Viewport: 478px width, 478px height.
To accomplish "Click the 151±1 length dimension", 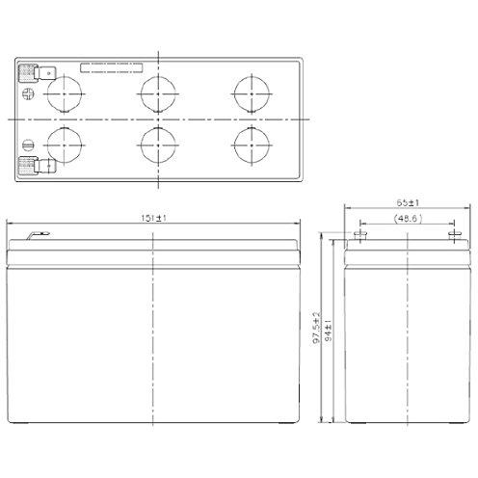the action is pyautogui.click(x=153, y=218).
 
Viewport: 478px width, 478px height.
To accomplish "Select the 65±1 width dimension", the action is pyautogui.click(x=408, y=203).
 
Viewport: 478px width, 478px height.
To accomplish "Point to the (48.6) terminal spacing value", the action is pyautogui.click(x=408, y=219).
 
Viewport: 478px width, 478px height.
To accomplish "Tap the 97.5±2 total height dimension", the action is pyautogui.click(x=317, y=328).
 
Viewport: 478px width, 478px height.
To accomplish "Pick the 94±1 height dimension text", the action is pyautogui.click(x=329, y=331).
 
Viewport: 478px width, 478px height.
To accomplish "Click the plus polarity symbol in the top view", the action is pyautogui.click(x=28, y=94).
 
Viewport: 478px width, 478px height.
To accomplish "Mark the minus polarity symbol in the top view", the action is pyautogui.click(x=28, y=146).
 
